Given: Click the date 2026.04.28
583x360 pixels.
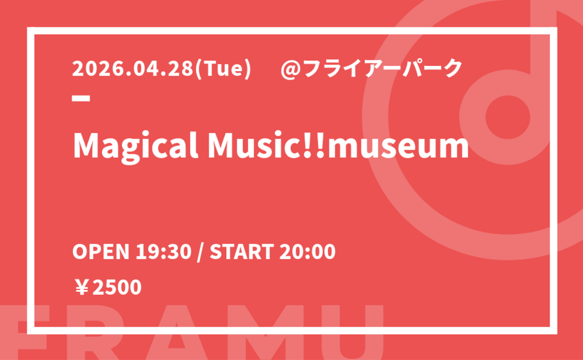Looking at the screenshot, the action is tap(133, 69).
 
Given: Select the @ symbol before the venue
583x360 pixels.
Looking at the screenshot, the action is tap(291, 69).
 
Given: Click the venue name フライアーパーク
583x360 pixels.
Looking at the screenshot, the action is tap(383, 69).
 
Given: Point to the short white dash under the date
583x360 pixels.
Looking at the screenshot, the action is tap(81, 98).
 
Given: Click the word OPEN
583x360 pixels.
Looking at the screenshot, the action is tap(101, 252).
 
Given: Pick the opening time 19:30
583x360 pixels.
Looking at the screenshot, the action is tap(163, 252).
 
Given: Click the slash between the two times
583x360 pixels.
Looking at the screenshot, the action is tap(201, 252).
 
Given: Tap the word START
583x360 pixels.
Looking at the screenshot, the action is tap(242, 252).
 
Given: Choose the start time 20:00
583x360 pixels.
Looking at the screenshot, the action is tap(307, 252).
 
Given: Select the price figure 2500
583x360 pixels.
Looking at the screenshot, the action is tap(117, 288).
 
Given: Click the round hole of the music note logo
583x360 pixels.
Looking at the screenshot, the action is tap(508, 117).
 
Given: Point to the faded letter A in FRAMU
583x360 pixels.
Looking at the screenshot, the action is tap(176, 333).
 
